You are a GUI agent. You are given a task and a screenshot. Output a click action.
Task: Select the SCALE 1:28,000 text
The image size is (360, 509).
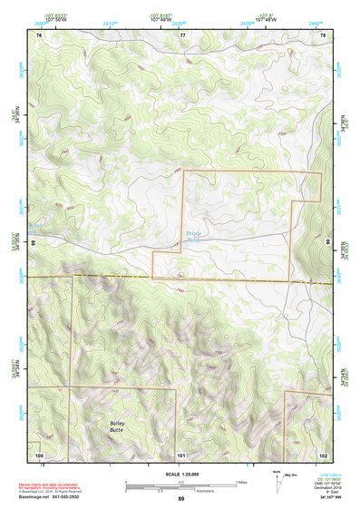(180, 473)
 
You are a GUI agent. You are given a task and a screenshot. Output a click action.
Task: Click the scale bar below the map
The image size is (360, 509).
(181, 485)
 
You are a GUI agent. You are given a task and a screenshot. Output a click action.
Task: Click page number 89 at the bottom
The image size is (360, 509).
(180, 499)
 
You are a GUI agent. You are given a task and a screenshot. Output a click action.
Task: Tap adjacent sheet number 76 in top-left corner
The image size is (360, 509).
(39, 34)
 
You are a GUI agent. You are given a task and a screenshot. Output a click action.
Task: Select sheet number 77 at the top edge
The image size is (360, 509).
(182, 34)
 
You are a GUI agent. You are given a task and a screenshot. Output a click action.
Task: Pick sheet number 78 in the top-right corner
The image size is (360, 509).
(324, 34)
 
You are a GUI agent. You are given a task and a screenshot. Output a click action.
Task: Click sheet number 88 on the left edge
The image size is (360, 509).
(34, 243)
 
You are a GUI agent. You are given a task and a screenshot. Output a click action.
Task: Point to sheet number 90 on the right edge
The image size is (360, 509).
(328, 243)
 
